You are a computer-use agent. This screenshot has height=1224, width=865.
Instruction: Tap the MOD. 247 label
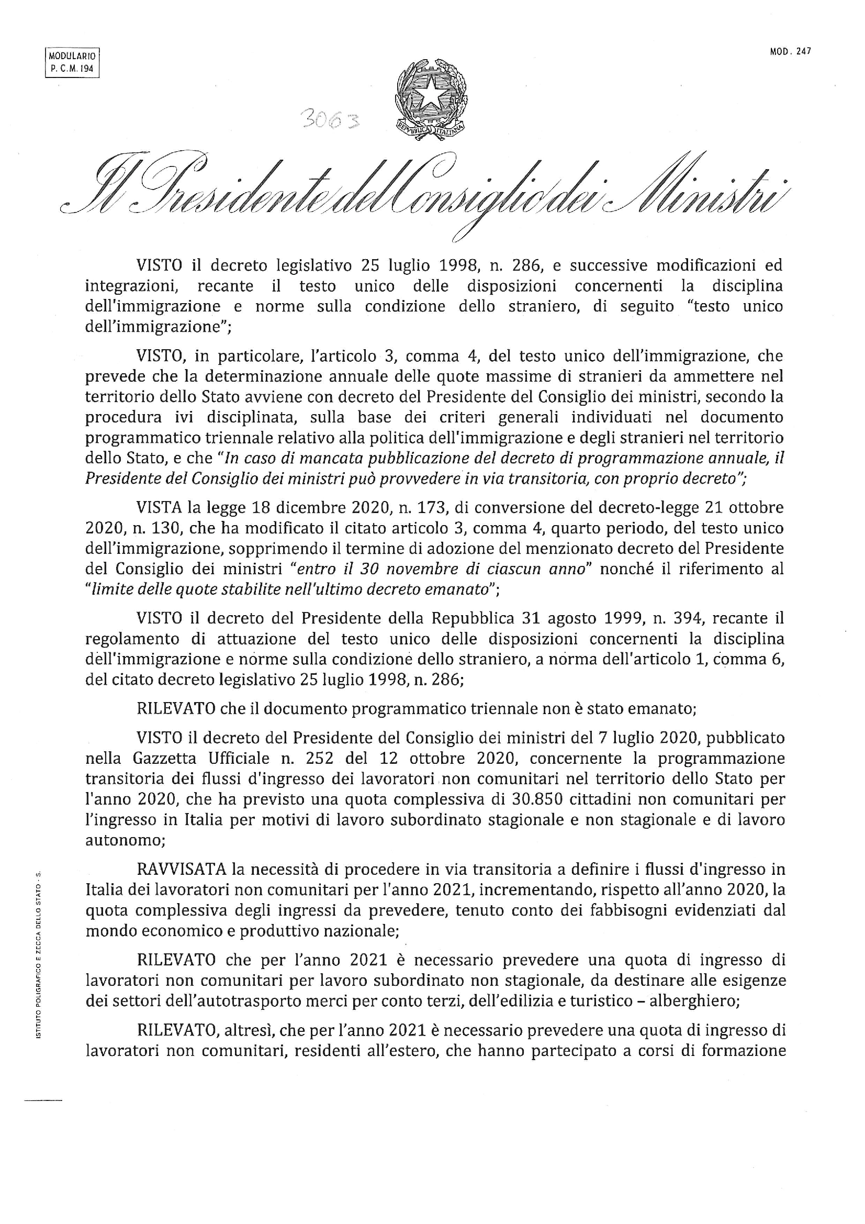(790, 51)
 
